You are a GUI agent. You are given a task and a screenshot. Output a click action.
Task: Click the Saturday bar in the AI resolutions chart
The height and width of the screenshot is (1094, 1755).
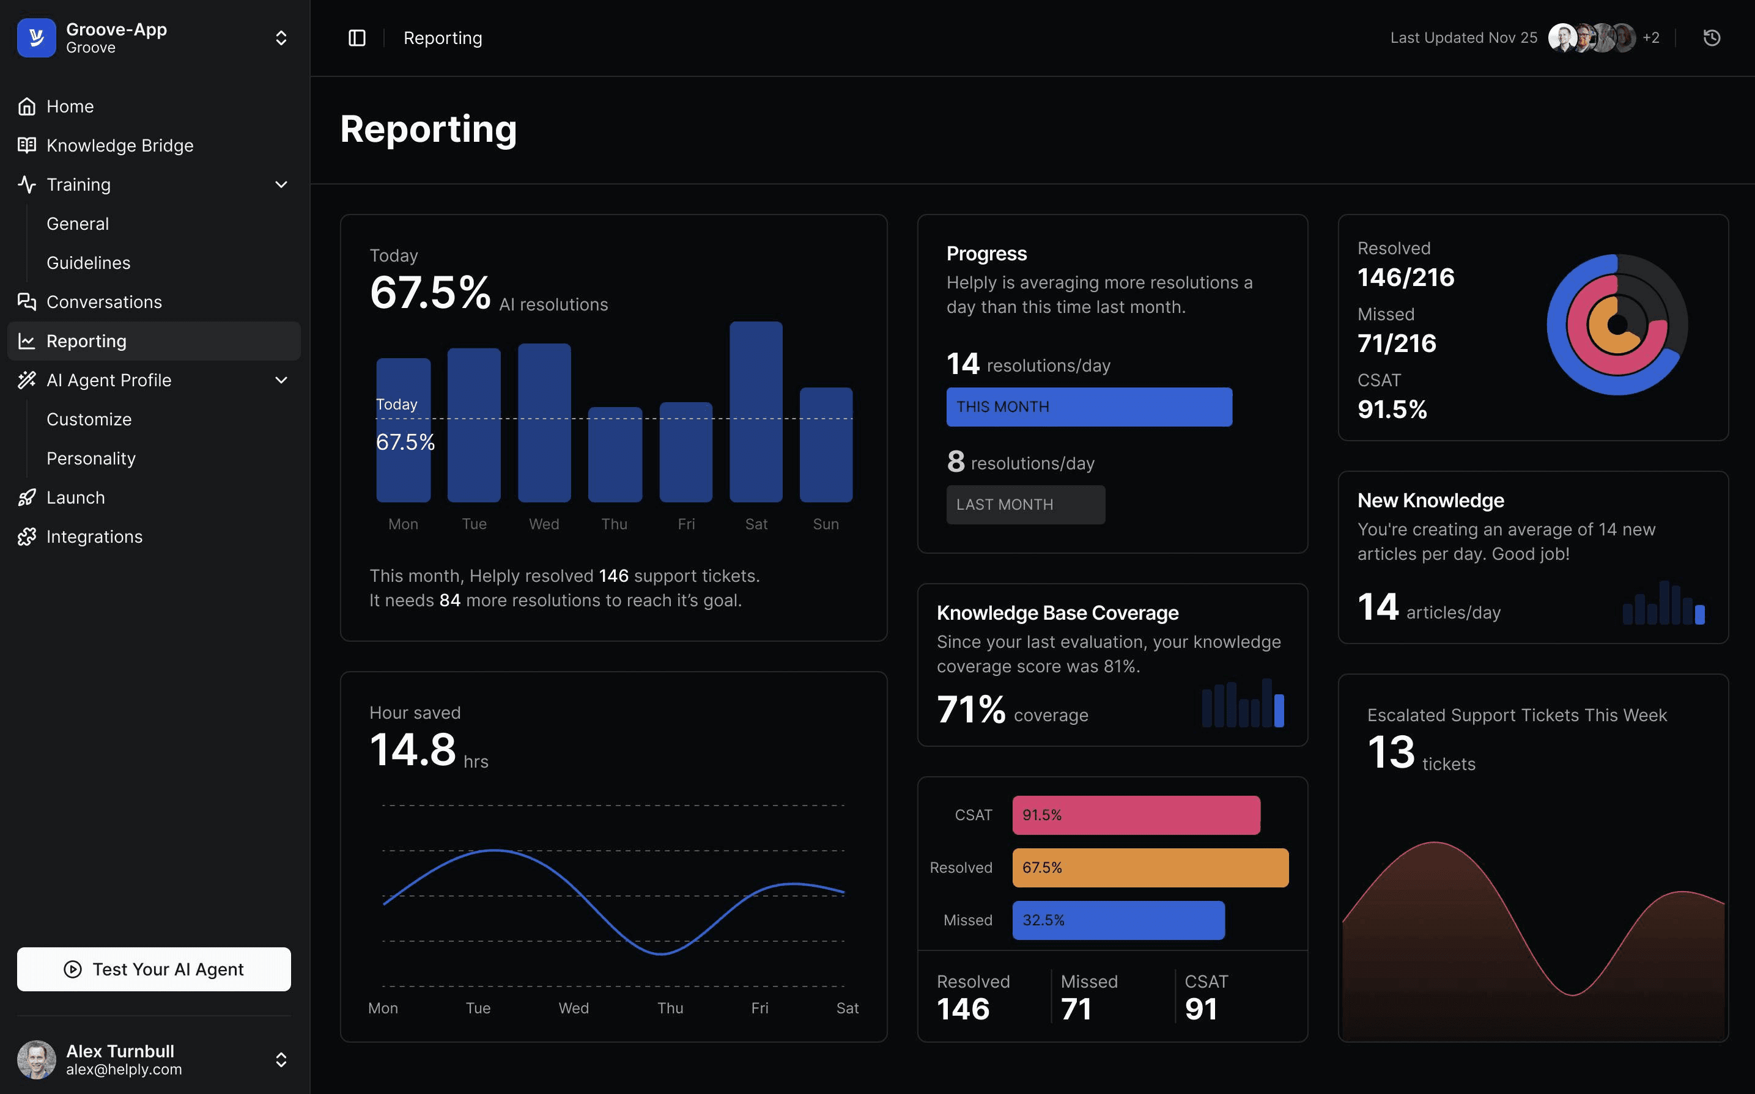(x=756, y=412)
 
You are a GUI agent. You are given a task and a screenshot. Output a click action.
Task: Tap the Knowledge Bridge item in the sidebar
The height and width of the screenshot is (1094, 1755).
(x=119, y=145)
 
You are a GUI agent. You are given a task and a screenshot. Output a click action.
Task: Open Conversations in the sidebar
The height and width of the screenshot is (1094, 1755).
(x=103, y=302)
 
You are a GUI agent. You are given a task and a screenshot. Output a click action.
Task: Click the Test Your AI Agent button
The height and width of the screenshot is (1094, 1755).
(x=153, y=969)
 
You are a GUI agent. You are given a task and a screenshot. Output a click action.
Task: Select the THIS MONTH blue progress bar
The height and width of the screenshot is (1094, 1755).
(x=1088, y=406)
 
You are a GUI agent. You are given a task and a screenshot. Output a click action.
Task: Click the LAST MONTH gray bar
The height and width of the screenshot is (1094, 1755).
(x=1025, y=504)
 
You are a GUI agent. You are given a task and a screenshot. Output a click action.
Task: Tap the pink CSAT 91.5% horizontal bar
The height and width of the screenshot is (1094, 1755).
(x=1136, y=815)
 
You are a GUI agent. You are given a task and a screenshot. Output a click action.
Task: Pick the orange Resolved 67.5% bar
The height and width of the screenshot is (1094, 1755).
(x=1149, y=867)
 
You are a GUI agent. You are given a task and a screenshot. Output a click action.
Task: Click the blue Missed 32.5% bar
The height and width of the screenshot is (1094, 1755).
(x=1117, y=920)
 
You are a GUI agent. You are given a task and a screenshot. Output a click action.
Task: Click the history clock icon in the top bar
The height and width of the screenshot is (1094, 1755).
(x=1711, y=38)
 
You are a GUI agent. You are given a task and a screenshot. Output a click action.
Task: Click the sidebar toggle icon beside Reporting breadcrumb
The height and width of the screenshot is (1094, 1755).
(x=357, y=38)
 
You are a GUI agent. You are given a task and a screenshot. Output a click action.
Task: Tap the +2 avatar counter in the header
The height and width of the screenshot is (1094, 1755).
(x=1651, y=38)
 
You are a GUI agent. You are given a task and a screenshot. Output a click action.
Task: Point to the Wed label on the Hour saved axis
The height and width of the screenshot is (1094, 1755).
(x=573, y=1008)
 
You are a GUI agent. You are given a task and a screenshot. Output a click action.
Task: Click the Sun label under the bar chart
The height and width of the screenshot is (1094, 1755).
(x=825, y=524)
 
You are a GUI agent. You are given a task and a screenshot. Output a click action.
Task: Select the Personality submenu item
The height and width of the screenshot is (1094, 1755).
(x=91, y=458)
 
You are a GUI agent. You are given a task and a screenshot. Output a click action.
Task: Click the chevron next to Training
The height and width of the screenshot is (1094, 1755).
(x=281, y=185)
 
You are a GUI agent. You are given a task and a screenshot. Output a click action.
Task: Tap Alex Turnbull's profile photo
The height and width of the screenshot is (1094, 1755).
(x=36, y=1059)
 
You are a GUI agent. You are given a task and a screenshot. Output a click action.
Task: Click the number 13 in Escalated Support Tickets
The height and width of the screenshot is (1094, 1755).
(x=1391, y=752)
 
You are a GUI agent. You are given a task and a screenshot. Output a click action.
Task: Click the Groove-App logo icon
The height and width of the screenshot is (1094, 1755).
(x=36, y=38)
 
